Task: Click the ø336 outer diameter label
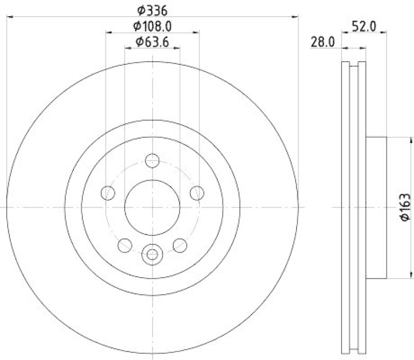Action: (152, 10)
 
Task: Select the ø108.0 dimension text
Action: (152, 25)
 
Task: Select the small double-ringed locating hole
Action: (152, 254)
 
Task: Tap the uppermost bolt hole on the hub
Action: (152, 161)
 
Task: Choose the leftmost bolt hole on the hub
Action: (108, 193)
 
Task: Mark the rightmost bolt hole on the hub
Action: (196, 193)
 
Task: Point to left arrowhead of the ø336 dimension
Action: (9, 17)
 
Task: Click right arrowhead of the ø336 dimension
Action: (296, 17)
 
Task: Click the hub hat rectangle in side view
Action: (377, 207)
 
